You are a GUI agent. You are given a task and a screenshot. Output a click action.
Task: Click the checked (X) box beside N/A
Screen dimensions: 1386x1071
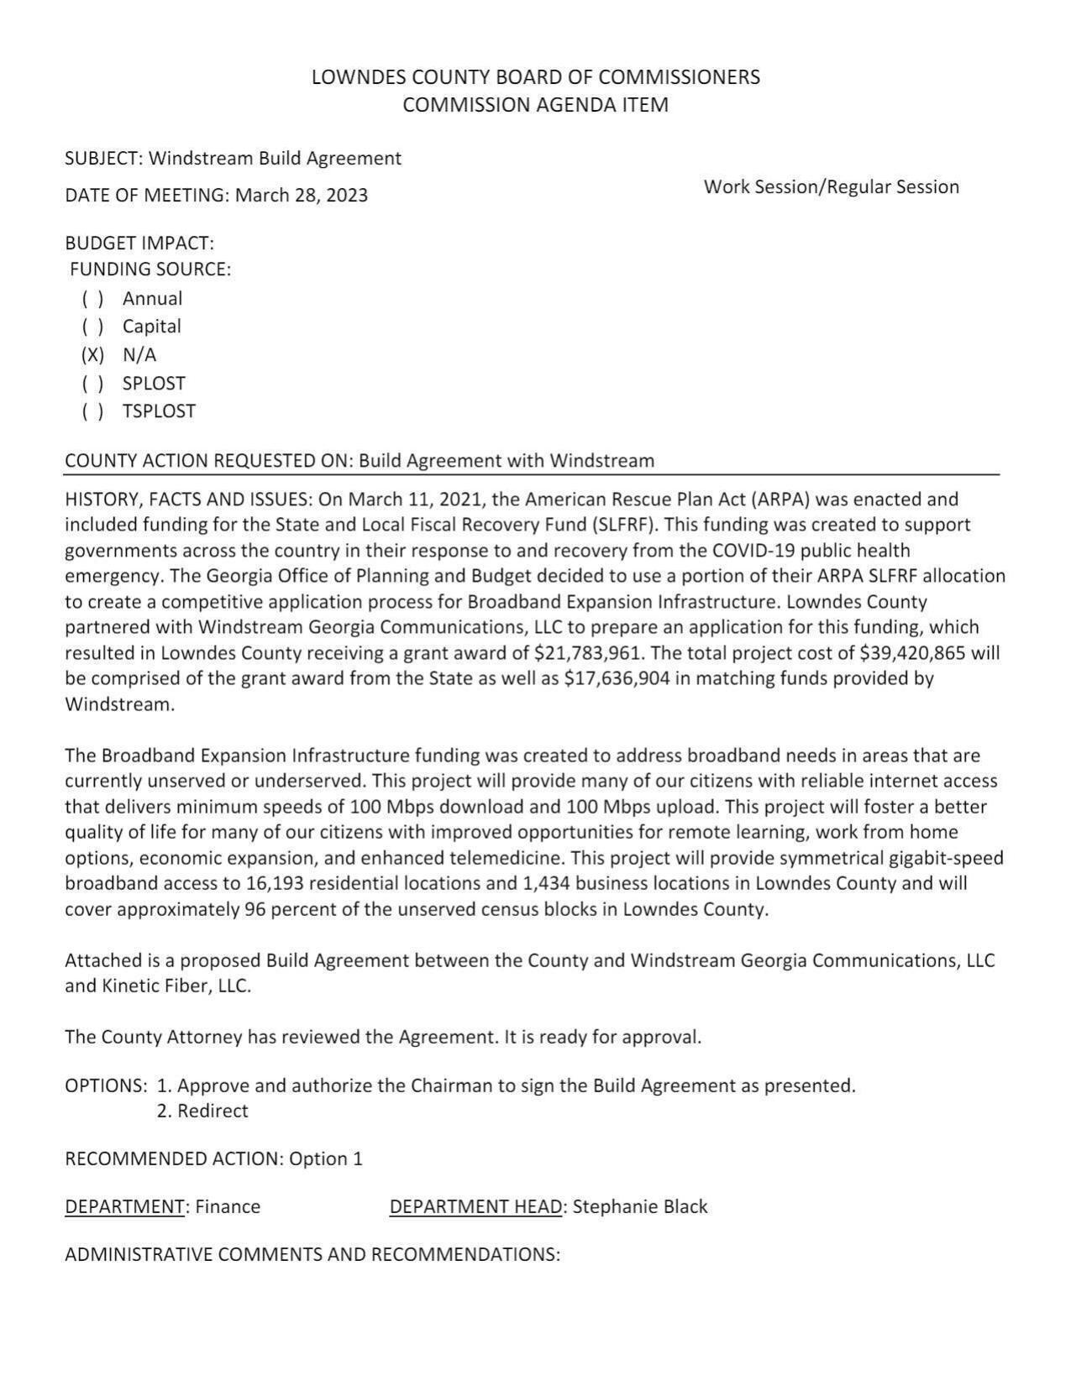click(92, 355)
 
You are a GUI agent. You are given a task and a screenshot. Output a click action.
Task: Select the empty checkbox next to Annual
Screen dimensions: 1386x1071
click(92, 299)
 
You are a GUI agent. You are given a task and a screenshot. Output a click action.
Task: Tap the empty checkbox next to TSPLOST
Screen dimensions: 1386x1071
click(92, 411)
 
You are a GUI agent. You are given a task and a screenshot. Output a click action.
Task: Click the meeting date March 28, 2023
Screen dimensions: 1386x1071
click(301, 196)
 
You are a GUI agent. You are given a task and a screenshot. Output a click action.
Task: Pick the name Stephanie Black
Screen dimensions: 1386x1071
click(640, 1207)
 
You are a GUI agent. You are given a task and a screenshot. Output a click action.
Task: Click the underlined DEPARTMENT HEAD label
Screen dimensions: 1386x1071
click(475, 1207)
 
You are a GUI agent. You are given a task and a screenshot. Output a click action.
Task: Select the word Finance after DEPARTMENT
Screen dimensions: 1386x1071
click(228, 1207)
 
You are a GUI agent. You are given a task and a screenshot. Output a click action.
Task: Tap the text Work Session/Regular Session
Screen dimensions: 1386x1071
click(831, 187)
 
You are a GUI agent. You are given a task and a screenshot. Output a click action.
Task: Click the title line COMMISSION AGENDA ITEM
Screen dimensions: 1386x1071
click(535, 105)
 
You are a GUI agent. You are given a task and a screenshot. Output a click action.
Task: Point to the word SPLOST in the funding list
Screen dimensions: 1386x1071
click(154, 384)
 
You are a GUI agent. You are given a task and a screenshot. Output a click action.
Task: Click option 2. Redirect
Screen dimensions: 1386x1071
click(202, 1111)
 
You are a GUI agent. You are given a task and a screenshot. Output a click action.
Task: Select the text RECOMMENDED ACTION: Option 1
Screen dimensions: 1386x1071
click(213, 1159)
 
